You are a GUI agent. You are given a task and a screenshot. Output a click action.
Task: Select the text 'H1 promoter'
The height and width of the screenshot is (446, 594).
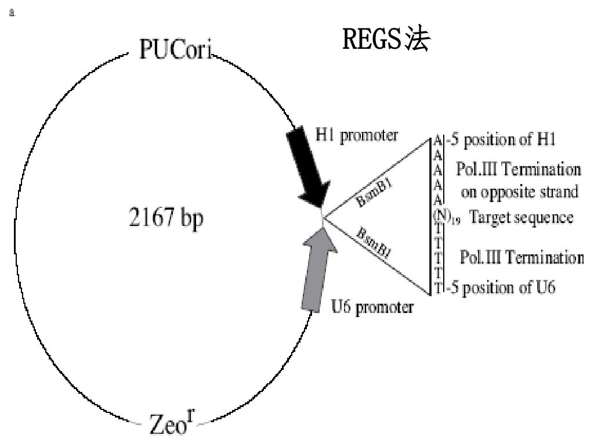[357, 135]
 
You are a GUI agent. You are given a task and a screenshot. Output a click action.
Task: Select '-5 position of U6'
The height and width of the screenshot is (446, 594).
[499, 287]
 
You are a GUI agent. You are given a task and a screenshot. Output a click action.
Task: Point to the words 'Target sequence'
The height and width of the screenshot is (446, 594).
[521, 218]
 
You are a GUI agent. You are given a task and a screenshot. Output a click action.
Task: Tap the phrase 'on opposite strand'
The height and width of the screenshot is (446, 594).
[519, 191]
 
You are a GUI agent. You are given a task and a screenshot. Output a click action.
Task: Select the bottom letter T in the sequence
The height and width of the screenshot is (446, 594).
[439, 287]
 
